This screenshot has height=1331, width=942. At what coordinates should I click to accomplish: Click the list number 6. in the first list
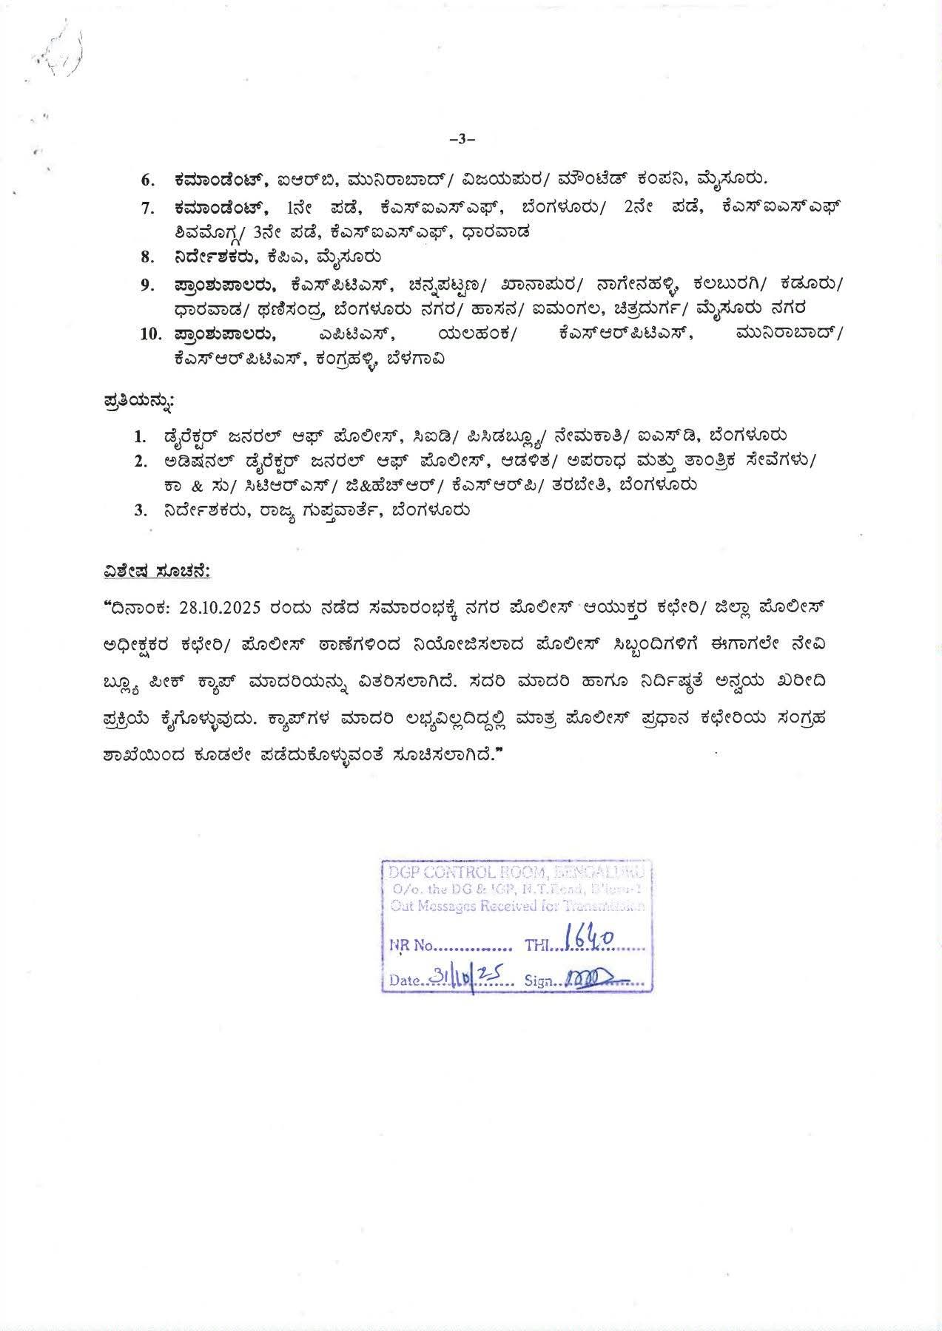148,180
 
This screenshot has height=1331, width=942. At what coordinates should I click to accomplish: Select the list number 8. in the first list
148,257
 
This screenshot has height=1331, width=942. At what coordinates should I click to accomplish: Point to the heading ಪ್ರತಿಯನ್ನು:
139,402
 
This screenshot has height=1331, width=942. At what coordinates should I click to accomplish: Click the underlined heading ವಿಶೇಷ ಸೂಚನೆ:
157,572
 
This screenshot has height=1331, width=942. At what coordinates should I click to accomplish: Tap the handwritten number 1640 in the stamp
589,939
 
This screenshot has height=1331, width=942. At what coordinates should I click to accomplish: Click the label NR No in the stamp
410,946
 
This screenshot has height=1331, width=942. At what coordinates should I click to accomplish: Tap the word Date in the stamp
405,981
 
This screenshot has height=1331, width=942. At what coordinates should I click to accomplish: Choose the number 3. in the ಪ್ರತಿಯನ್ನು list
141,511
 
